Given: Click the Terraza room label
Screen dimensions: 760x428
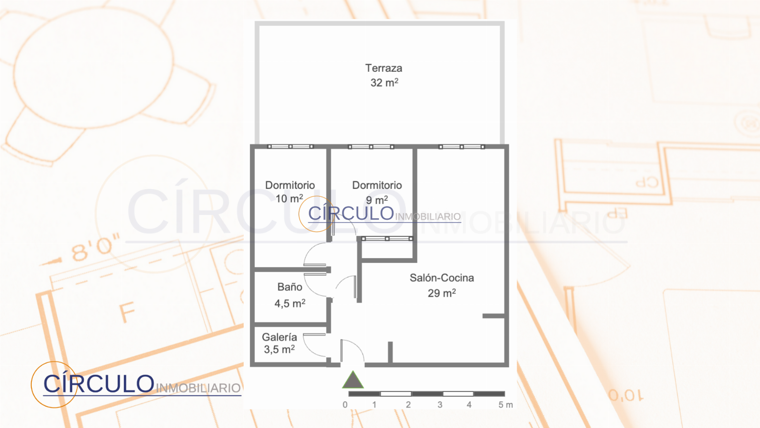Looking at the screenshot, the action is click(x=384, y=68).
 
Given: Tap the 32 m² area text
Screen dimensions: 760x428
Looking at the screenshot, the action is click(x=384, y=83).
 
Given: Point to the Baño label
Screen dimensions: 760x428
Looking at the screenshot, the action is click(x=290, y=287).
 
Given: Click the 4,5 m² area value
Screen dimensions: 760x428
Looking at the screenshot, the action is click(x=290, y=303).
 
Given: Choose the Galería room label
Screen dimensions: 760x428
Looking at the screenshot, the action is click(x=279, y=337).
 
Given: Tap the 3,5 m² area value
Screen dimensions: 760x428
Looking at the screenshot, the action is click(x=279, y=349).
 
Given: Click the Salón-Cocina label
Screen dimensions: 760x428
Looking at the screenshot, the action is click(x=442, y=278).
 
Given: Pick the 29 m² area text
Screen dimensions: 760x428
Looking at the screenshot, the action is click(x=442, y=293).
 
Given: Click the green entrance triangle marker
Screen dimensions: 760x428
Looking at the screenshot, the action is click(x=353, y=380).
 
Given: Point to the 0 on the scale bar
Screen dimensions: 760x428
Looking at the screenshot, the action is click(x=345, y=405).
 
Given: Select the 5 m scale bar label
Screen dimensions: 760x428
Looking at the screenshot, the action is click(x=505, y=405).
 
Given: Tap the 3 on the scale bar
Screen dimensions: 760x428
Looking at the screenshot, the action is click(x=440, y=405).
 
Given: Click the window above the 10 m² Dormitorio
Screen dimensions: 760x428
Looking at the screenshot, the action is click(x=290, y=147).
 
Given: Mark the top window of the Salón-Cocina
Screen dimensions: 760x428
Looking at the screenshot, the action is click(x=461, y=147).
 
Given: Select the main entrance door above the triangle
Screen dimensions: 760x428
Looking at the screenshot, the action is click(x=352, y=350).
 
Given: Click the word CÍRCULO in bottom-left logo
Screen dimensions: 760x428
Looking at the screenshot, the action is click(x=99, y=383).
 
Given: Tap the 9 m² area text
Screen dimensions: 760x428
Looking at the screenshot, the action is click(x=377, y=200).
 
